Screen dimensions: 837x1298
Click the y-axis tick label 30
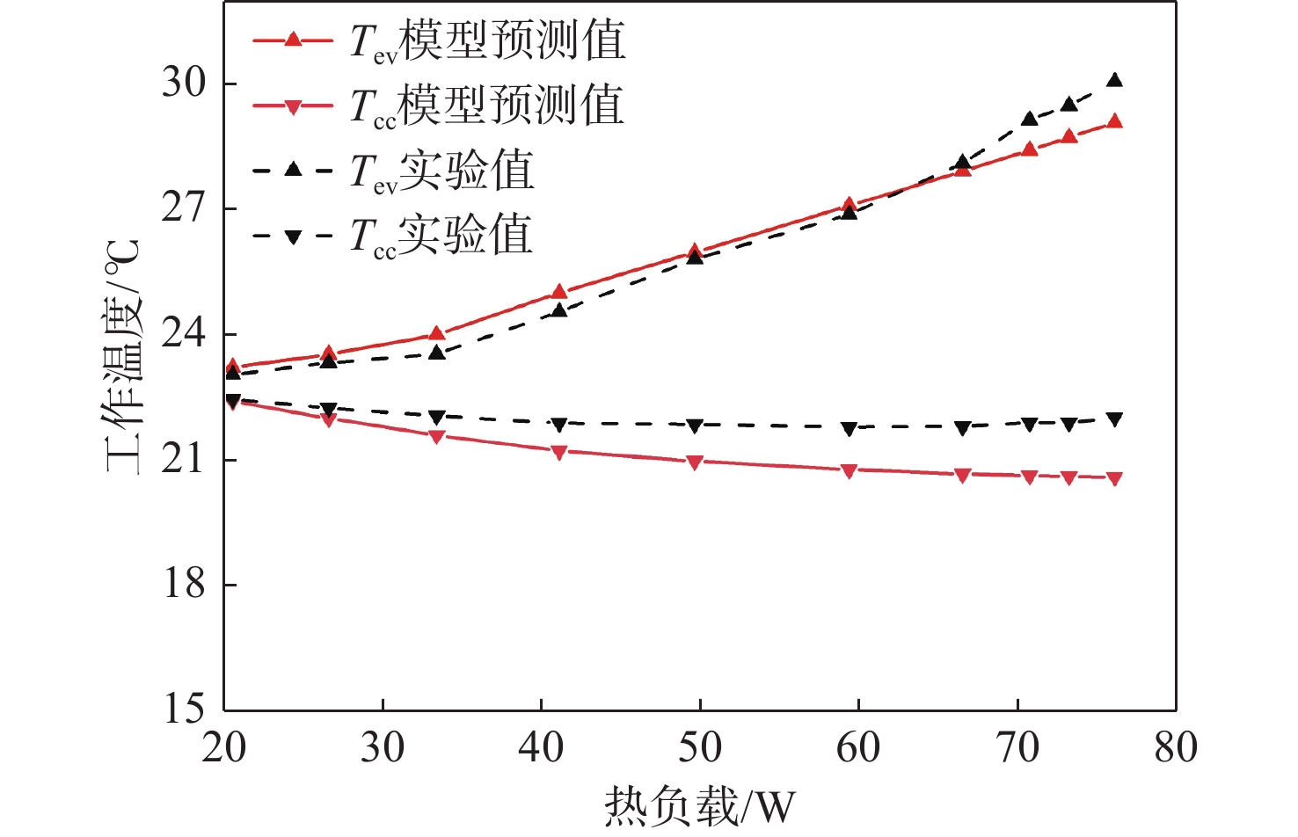tap(183, 84)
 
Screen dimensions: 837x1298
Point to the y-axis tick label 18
tap(183, 584)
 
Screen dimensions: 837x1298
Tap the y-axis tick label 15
tap(183, 709)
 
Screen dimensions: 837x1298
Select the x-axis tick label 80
tap(1175, 748)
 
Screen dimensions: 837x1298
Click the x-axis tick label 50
tap(700, 748)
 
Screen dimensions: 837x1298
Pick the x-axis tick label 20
tap(224, 748)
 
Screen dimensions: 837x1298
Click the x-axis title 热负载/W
tap(699, 805)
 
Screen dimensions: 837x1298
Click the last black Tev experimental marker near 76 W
tap(1114, 80)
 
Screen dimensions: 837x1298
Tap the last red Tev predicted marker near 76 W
tap(1114, 121)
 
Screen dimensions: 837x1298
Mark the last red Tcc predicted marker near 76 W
tap(1114, 479)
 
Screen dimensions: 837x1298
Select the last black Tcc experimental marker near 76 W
tap(1114, 419)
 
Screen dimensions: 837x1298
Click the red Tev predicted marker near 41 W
tap(559, 292)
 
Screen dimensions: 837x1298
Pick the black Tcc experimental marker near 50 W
tap(695, 426)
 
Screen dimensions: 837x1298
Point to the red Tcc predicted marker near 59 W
tap(849, 471)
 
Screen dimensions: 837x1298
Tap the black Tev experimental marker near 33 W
tap(437, 353)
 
